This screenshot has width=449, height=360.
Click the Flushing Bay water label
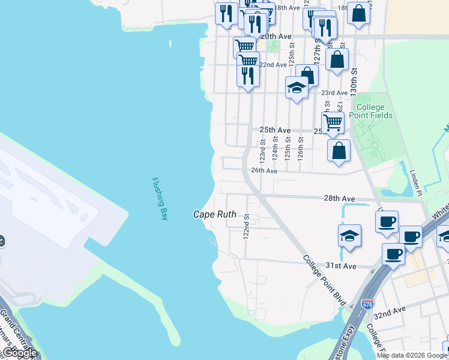coord(158,199)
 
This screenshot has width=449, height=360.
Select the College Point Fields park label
coord(371,111)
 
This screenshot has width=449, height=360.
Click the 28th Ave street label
coord(340,198)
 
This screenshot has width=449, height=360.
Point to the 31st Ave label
coord(341,265)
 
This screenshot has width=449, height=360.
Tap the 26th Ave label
coord(264,171)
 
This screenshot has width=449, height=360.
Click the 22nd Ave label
coord(273,65)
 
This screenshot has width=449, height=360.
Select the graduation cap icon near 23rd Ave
coord(297,88)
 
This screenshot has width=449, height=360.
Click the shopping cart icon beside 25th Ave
coord(333,122)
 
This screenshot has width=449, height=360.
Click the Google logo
coord(19,353)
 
